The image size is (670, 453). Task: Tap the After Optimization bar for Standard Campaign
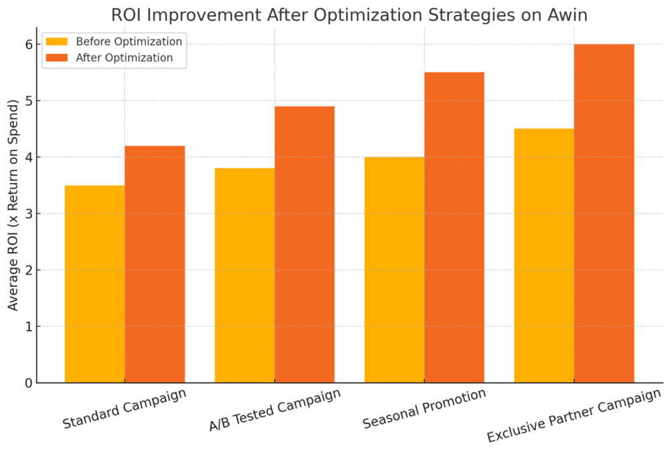click(155, 264)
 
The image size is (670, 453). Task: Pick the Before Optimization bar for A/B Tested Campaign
click(245, 275)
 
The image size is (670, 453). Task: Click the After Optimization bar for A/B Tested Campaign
click(305, 245)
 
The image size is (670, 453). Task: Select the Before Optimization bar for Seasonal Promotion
click(394, 269)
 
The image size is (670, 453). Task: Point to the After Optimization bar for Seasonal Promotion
click(454, 227)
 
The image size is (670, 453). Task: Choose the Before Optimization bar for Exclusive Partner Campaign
click(544, 255)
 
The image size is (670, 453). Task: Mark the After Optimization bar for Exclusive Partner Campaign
click(604, 213)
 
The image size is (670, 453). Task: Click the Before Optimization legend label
click(129, 42)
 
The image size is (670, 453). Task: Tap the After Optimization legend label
click(124, 58)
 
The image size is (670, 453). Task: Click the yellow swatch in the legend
click(56, 42)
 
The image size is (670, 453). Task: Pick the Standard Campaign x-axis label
click(124, 409)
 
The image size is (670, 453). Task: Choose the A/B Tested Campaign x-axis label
click(274, 409)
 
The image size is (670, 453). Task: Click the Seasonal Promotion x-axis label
click(424, 409)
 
